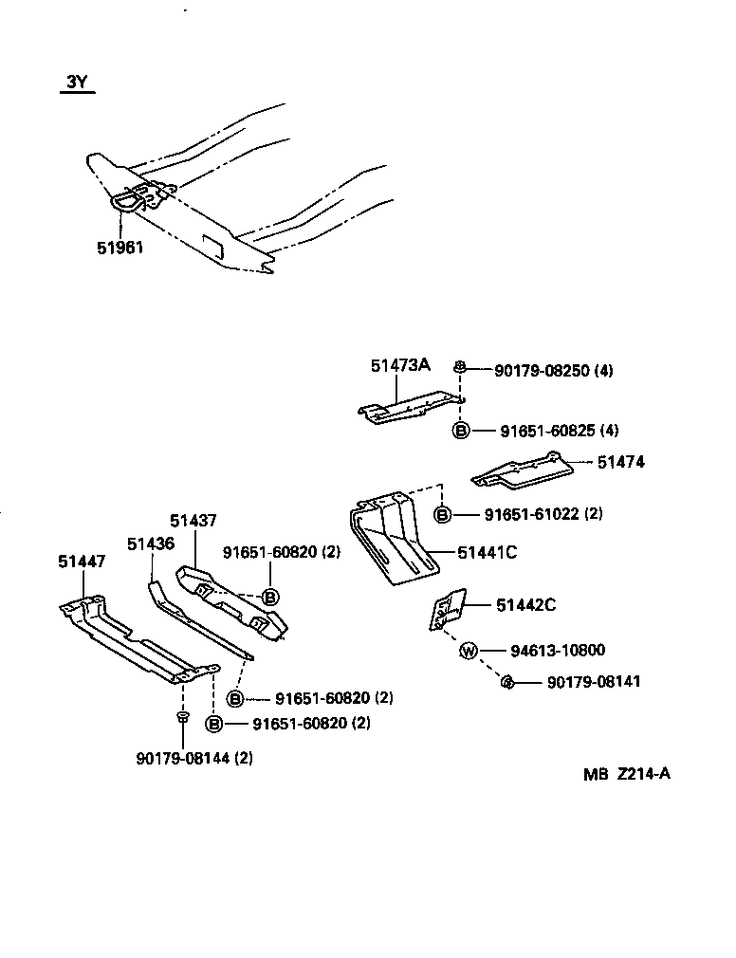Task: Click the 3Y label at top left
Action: [x=77, y=83]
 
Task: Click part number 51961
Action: [x=120, y=248]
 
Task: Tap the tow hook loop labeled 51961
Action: [x=129, y=199]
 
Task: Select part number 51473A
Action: [x=400, y=365]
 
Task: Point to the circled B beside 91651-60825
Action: [x=461, y=431]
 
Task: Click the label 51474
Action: [x=621, y=462]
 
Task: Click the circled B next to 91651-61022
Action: [x=443, y=514]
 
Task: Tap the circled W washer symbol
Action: [x=468, y=651]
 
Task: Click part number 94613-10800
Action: [x=558, y=651]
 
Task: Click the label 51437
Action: [x=193, y=520]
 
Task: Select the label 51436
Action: [x=151, y=543]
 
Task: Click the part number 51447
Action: [x=82, y=562]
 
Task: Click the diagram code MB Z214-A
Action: [x=627, y=773]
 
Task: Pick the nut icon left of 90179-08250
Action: [x=460, y=368]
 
